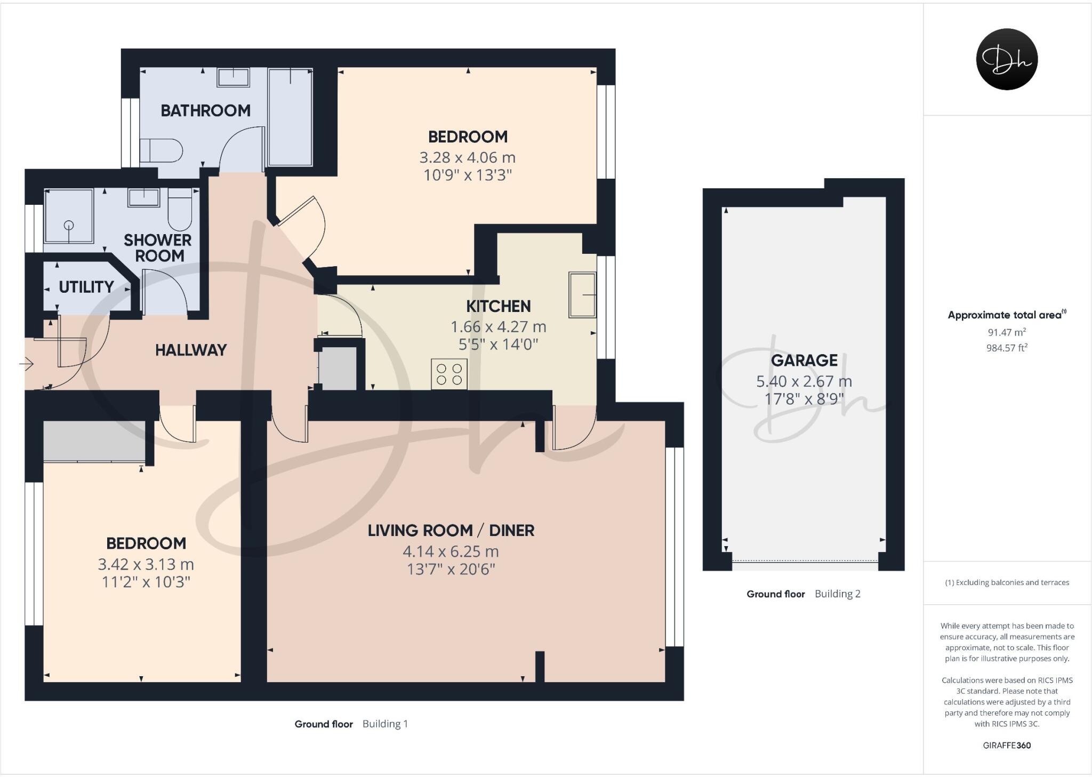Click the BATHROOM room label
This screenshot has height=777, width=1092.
coord(205,110)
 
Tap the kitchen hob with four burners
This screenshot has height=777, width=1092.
coord(449,374)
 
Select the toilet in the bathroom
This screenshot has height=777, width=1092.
coord(161,150)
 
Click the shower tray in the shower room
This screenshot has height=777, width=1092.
coord(69,215)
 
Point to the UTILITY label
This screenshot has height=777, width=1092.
coord(86,287)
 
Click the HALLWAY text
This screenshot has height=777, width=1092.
coord(191,350)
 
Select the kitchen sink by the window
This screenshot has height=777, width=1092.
coord(582,295)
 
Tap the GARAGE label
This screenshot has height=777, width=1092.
coord(804,361)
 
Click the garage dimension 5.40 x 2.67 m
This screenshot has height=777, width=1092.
coord(804,381)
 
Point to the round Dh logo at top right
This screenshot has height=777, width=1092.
coord(1006,59)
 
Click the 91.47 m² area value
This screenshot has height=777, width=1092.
coord(1007,332)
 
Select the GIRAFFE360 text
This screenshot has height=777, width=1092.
coord(1007,746)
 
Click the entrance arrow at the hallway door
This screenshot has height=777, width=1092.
coord(27,364)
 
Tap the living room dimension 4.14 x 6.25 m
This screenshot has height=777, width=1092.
coord(451,551)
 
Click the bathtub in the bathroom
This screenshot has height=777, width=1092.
coord(290,117)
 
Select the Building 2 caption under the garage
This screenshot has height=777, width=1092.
coord(837,594)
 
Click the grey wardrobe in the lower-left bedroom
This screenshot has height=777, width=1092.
coord(94,440)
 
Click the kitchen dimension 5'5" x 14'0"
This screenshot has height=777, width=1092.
coord(498,345)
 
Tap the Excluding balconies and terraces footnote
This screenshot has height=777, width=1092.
coord(1007,582)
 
